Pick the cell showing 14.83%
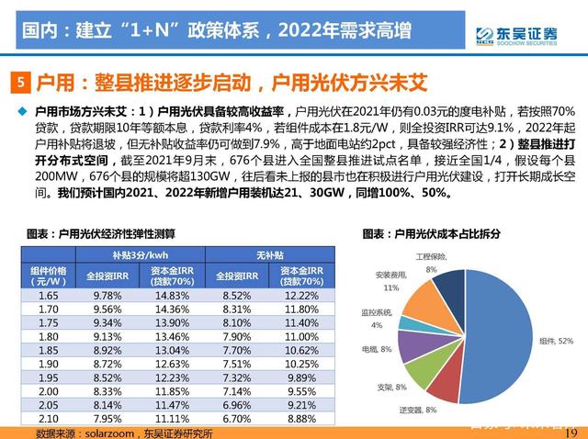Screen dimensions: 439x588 pyautogui.click(x=166, y=296)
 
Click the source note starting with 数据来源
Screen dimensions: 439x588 pyautogui.click(x=124, y=433)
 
